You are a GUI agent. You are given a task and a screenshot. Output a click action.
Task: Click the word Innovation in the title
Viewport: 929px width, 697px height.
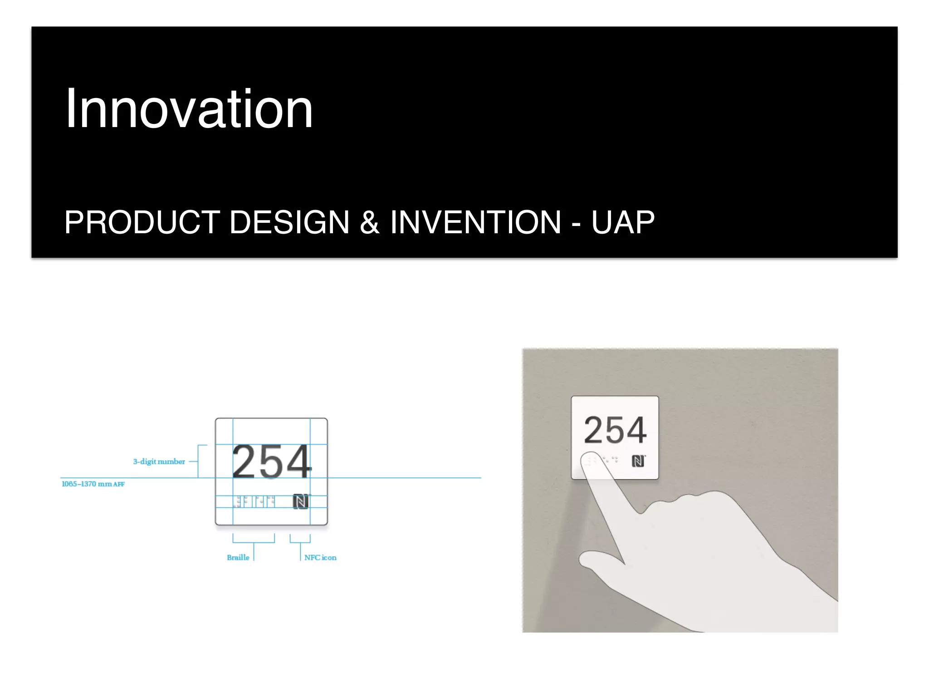tap(189, 109)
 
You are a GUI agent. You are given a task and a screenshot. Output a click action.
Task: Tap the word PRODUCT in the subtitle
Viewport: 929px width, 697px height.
tap(142, 222)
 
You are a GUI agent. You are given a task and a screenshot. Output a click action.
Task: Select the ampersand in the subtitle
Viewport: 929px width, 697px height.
tap(369, 222)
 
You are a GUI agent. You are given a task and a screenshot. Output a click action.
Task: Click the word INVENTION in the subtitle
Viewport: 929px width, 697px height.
tap(475, 222)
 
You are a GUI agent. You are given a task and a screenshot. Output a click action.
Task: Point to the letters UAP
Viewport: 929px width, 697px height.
tap(623, 222)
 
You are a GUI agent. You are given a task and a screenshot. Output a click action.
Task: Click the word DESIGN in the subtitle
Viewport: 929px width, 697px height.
tap(289, 222)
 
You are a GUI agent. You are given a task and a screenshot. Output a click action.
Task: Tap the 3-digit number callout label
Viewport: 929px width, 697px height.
tap(159, 461)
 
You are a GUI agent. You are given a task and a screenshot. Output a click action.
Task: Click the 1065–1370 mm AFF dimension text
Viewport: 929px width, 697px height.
tap(93, 484)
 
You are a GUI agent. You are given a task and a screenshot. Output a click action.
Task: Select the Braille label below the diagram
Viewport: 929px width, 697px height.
tap(238, 558)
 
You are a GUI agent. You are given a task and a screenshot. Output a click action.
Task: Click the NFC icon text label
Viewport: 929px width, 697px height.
tap(320, 558)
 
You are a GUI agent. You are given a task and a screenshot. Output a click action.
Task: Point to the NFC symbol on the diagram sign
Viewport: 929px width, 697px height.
tap(300, 501)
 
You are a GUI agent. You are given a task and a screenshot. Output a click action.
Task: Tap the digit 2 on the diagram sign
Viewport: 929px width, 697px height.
tap(246, 461)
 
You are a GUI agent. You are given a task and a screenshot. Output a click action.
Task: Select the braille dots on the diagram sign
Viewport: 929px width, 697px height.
tap(254, 501)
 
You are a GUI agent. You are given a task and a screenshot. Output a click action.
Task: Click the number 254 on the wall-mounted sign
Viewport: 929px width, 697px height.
tap(615, 430)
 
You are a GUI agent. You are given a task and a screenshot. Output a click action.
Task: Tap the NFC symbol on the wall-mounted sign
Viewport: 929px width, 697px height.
tap(638, 461)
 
